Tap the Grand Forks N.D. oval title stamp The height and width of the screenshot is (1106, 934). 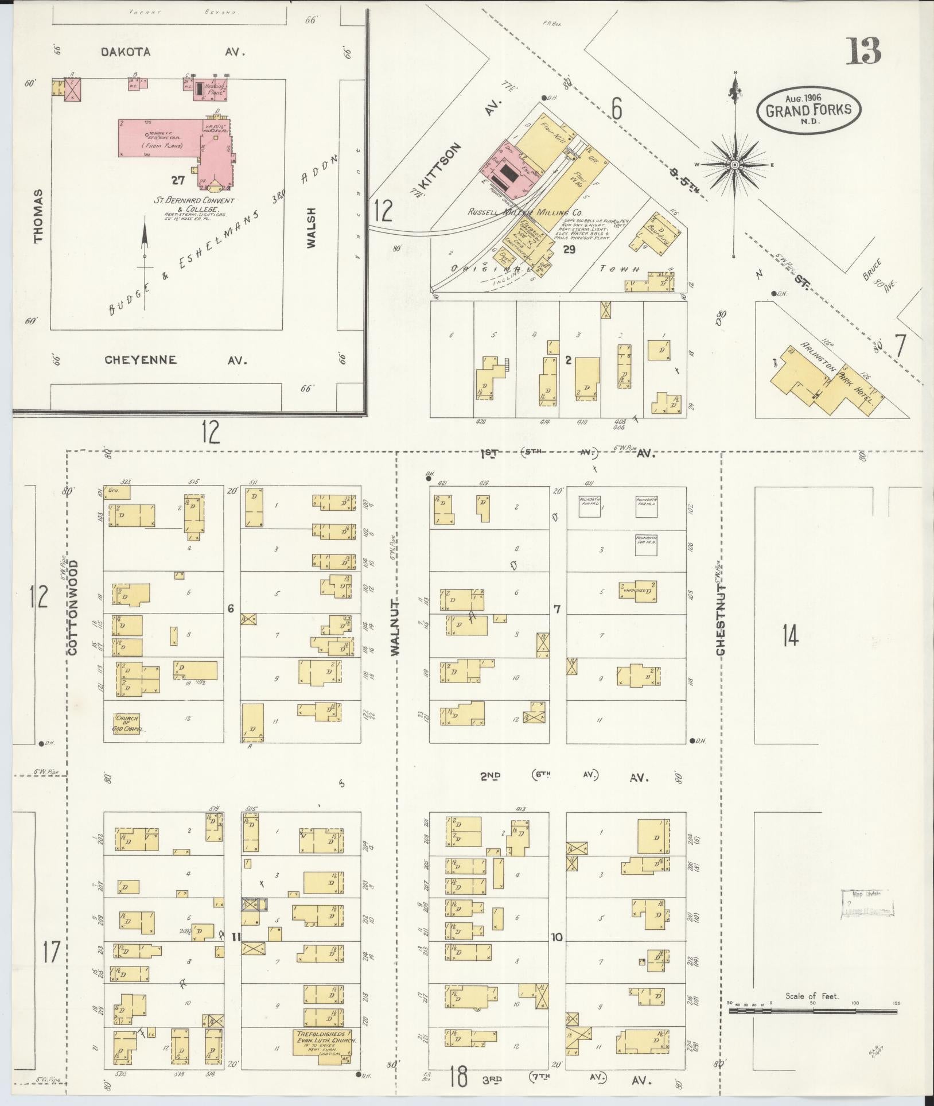808,111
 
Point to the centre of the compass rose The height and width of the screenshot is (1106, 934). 734,165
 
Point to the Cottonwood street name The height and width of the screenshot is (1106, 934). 72,608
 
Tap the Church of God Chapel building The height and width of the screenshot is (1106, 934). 127,724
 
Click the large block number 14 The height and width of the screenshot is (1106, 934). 791,635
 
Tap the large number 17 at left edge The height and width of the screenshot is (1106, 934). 50,953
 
